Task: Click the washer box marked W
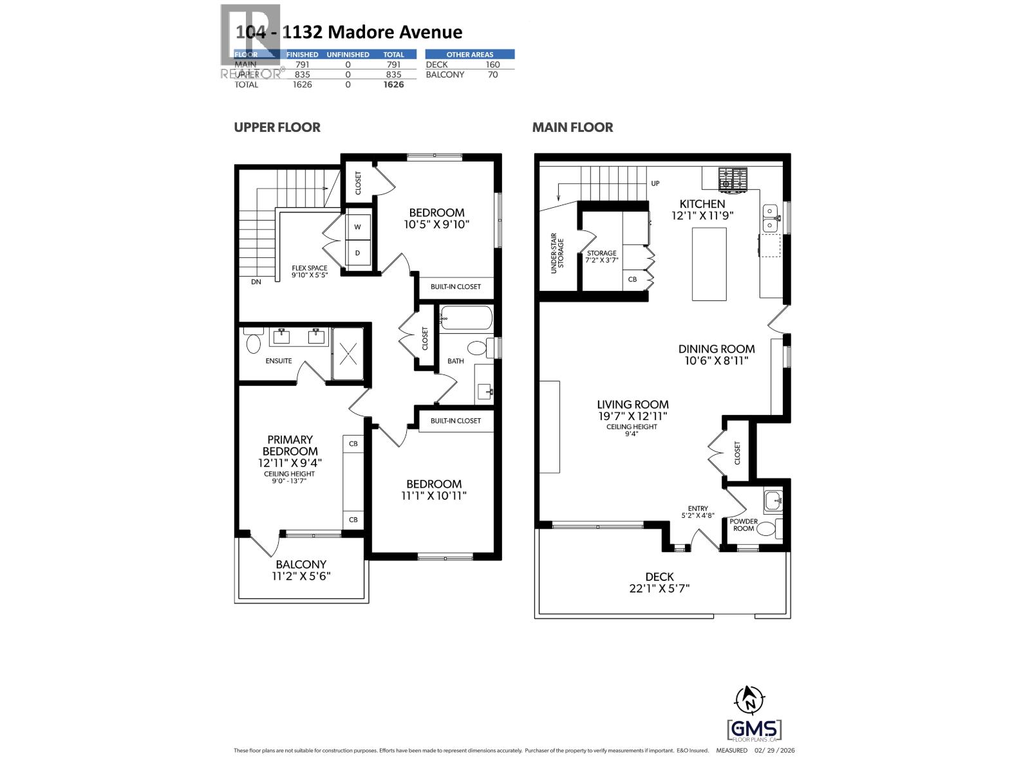pyautogui.click(x=358, y=227)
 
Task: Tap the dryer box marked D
pyautogui.click(x=358, y=253)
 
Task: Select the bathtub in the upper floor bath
pyautogui.click(x=466, y=318)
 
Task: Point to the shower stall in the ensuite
pyautogui.click(x=348, y=353)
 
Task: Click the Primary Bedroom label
pyautogui.click(x=290, y=445)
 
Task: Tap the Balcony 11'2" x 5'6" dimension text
pyautogui.click(x=301, y=576)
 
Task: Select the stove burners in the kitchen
pyautogui.click(x=733, y=179)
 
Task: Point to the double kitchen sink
pyautogui.click(x=770, y=218)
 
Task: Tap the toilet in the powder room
pyautogui.click(x=765, y=529)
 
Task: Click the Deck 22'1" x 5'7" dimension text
pyautogui.click(x=659, y=588)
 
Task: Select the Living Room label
pyautogui.click(x=632, y=405)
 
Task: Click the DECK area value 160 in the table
pyautogui.click(x=492, y=64)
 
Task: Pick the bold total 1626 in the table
pyautogui.click(x=393, y=84)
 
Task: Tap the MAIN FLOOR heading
pyautogui.click(x=572, y=127)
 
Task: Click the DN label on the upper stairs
pyautogui.click(x=256, y=282)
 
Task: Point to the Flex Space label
pyautogui.click(x=309, y=268)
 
